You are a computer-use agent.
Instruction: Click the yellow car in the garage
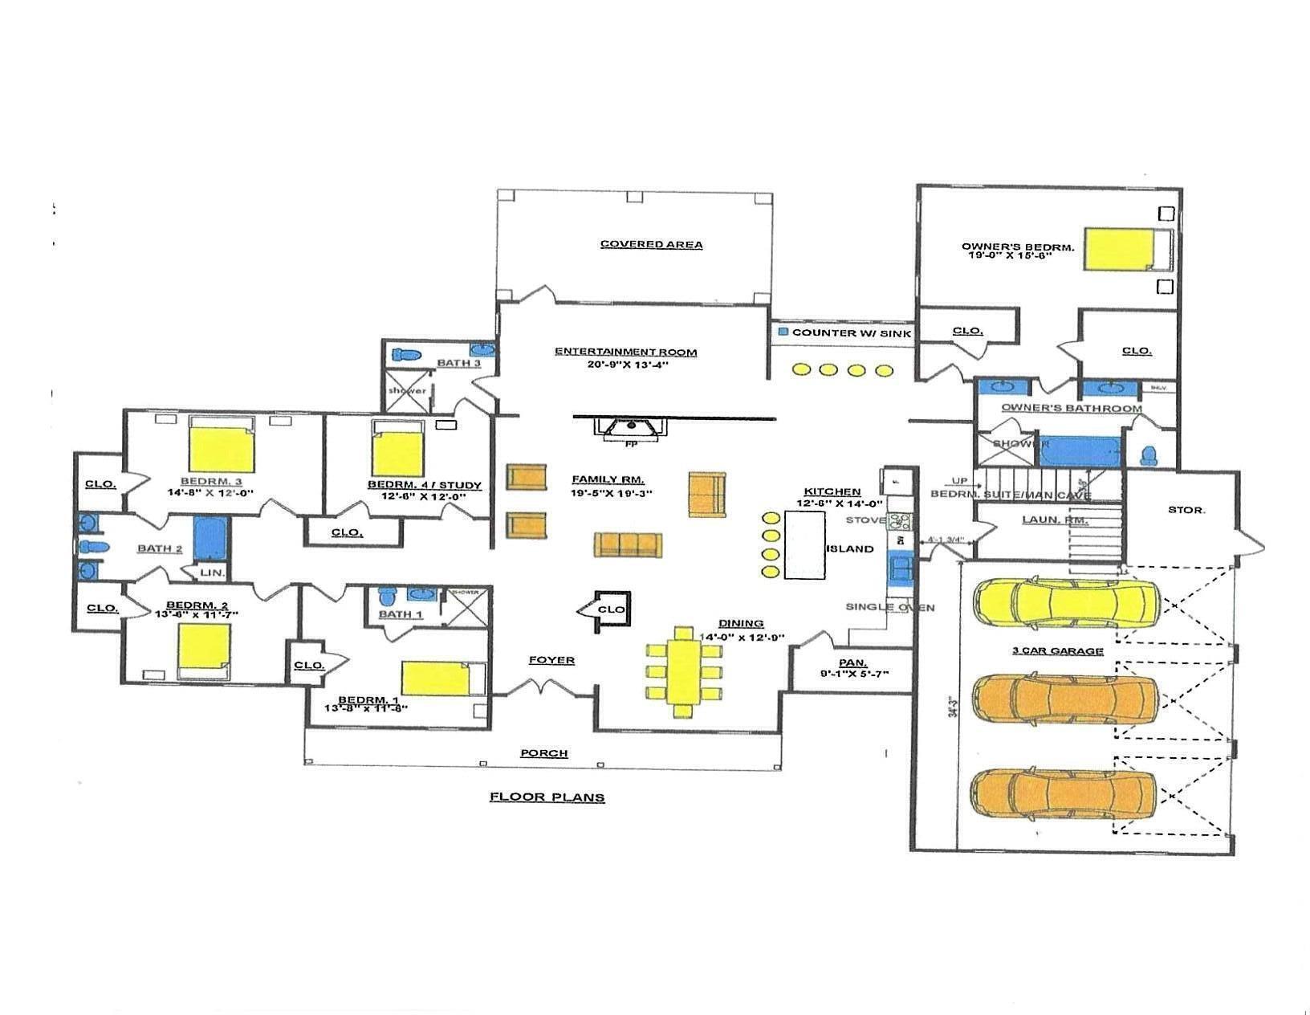click(x=1066, y=602)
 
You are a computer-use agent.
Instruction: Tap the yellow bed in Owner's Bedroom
click(x=1120, y=249)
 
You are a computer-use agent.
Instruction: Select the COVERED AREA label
click(x=651, y=244)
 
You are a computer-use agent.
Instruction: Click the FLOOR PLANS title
click(x=547, y=797)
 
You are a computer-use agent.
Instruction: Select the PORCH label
click(x=543, y=752)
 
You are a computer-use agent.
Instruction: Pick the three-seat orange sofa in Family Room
click(x=628, y=544)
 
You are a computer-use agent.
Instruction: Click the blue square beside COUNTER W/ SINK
click(x=783, y=331)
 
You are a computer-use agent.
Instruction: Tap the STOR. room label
click(x=1186, y=509)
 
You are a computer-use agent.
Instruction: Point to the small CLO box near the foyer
click(x=611, y=609)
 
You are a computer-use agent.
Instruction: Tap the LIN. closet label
click(x=212, y=572)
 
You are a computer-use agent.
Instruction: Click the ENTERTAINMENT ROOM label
click(x=625, y=351)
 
